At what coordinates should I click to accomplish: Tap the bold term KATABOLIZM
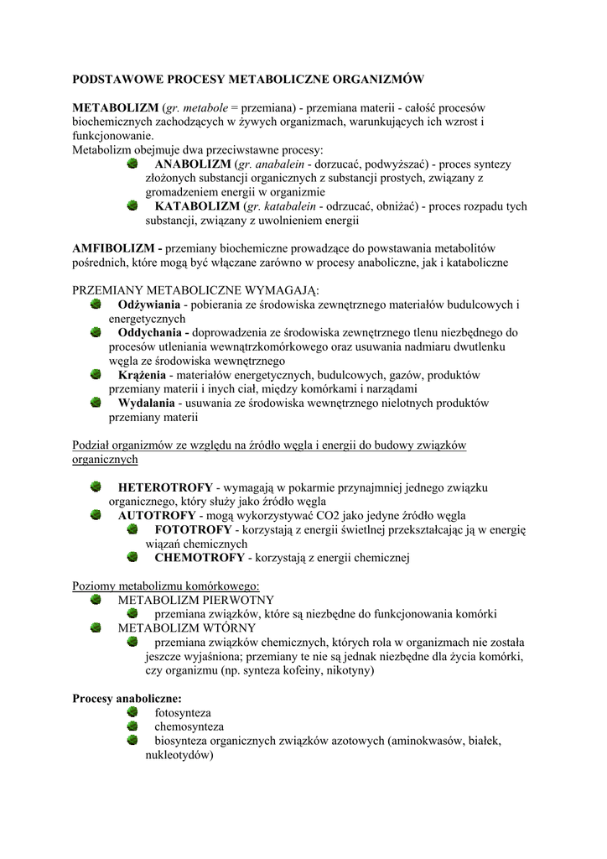[198, 206]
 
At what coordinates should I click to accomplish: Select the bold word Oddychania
[150, 331]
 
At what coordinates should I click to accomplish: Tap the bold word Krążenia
[142, 374]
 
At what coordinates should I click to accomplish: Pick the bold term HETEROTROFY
[165, 487]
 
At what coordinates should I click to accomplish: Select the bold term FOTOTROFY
[193, 529]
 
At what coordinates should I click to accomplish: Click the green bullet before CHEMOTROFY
[132, 557]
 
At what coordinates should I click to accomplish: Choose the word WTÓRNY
[228, 627]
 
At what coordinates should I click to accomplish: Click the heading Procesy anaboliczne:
[127, 698]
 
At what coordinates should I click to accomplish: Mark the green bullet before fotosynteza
[132, 712]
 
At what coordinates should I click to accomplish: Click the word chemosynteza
[189, 726]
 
